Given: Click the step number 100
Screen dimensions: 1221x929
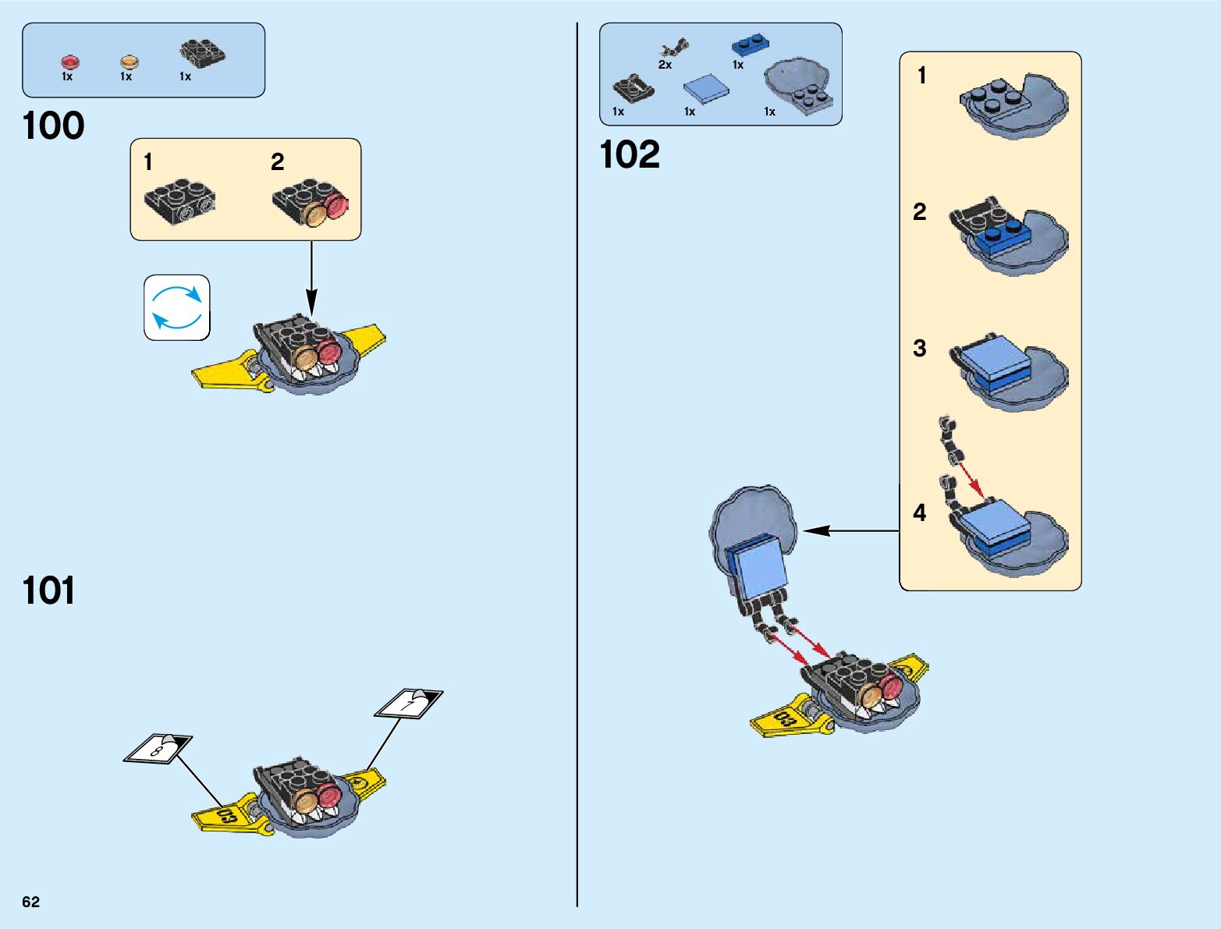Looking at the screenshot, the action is click(53, 126).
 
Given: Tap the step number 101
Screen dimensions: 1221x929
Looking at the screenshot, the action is click(48, 590).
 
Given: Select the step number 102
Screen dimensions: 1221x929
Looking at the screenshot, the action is click(630, 154).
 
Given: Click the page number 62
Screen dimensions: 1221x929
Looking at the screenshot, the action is click(31, 902).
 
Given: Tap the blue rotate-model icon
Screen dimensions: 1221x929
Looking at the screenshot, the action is click(177, 307).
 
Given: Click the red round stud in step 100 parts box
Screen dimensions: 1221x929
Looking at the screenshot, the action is click(70, 62).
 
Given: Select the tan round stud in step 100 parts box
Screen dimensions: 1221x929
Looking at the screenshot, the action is click(130, 62).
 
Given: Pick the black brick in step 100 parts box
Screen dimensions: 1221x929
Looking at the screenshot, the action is click(202, 53).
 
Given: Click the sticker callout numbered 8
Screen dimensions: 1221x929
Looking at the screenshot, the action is click(158, 749).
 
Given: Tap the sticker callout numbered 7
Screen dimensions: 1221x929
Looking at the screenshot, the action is click(409, 704).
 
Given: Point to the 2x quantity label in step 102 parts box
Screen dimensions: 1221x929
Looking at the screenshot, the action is click(665, 65).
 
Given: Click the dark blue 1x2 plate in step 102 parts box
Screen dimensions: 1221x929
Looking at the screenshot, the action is click(751, 44).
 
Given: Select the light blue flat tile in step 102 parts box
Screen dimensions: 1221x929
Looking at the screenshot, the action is click(706, 88).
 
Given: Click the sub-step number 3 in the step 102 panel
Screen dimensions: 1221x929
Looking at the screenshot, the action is click(920, 348).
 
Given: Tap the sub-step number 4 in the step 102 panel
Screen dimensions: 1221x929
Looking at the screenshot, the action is click(920, 512).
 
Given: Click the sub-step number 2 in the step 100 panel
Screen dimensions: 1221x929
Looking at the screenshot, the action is click(278, 162).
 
